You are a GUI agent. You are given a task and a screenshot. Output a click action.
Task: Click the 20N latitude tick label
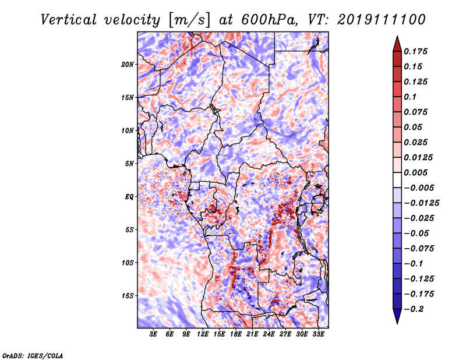(128, 65)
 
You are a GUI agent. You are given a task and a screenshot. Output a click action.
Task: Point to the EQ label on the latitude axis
(129, 197)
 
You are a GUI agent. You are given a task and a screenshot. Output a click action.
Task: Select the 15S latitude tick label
(128, 296)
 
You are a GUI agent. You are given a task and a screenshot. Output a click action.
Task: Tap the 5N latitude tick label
(129, 164)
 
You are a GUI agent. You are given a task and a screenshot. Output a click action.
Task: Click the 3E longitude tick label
(153, 334)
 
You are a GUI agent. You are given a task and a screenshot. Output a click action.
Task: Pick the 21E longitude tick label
(252, 334)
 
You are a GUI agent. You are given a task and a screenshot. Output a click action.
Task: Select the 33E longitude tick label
(318, 334)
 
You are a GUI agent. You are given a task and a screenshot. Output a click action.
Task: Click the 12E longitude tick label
(202, 334)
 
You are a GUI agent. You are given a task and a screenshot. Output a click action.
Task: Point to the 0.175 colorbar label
(415, 51)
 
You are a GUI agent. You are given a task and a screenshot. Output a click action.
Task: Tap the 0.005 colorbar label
(415, 172)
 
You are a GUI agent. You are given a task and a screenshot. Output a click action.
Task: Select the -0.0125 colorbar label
(421, 203)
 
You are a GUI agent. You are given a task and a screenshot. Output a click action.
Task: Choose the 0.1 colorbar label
(410, 97)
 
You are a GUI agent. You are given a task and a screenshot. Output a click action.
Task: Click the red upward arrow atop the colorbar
(397, 44)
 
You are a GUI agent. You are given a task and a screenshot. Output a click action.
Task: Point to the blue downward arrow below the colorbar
(397, 316)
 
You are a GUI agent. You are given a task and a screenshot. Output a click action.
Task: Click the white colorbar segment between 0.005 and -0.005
(397, 180)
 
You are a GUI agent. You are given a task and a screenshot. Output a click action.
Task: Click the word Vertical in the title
(69, 20)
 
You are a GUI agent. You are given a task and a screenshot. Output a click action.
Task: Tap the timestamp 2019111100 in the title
(382, 20)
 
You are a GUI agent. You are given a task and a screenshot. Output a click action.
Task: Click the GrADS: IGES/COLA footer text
(33, 356)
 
